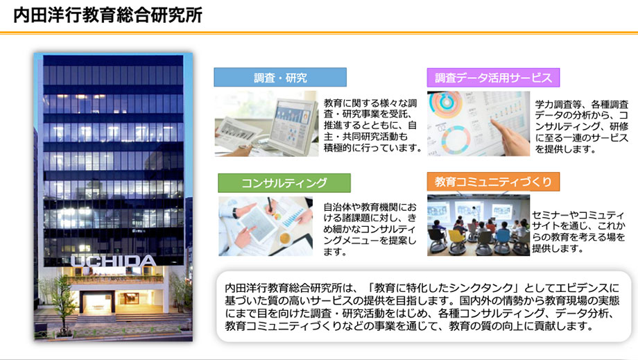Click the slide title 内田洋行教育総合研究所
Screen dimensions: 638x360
(x=107, y=15)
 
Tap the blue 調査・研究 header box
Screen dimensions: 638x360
(x=280, y=77)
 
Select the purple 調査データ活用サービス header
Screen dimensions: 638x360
(x=493, y=77)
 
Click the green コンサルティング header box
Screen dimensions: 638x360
(x=284, y=183)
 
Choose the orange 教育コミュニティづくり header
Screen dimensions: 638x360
(x=493, y=182)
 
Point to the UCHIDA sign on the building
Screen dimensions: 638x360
(x=113, y=261)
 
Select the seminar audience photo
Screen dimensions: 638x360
(x=478, y=225)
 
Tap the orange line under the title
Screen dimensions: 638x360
(x=319, y=33)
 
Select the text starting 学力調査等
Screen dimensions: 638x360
(x=581, y=126)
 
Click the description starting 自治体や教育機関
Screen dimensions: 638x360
(x=370, y=230)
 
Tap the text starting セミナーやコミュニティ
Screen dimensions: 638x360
(x=578, y=232)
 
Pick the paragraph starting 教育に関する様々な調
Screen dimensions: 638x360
(x=372, y=126)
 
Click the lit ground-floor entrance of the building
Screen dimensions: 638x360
(x=119, y=302)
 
